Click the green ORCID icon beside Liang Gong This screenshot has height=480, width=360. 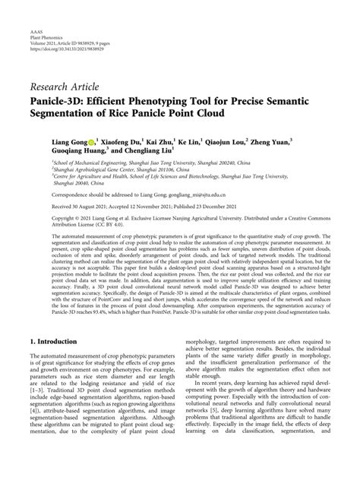(x=93, y=141)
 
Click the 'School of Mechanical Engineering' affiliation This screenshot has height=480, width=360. (x=90, y=163)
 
